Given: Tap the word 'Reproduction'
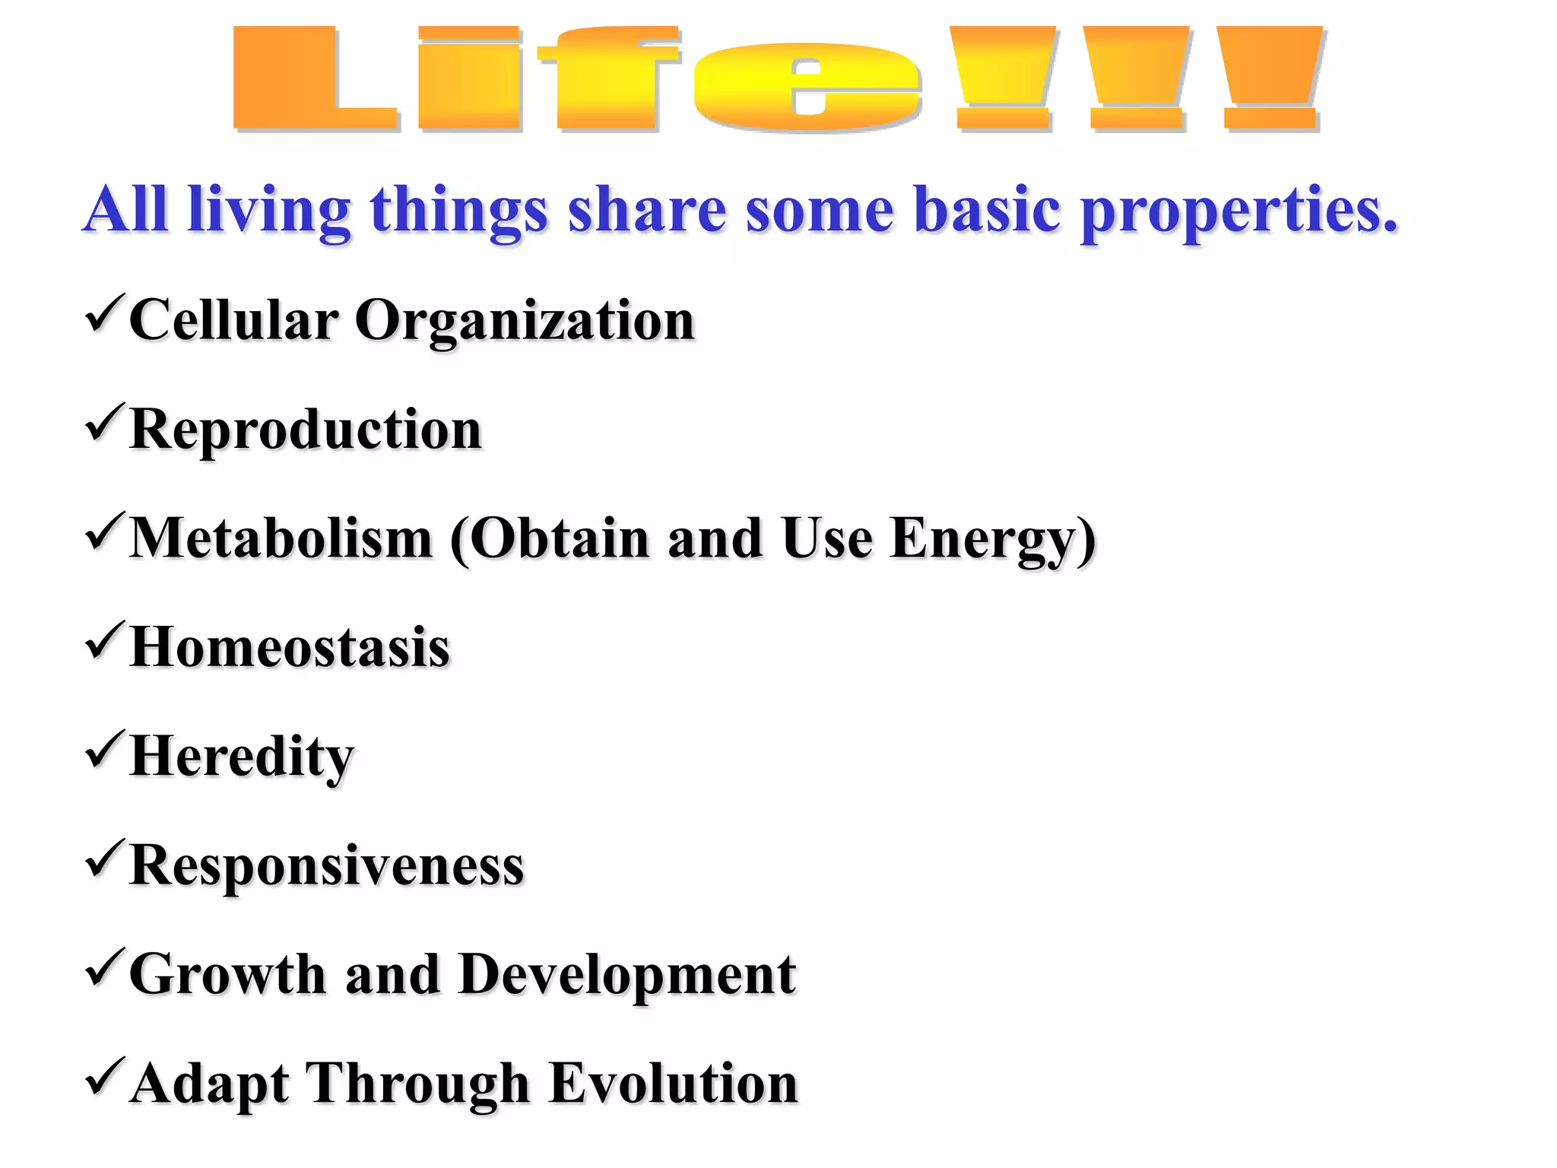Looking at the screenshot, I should pyautogui.click(x=306, y=430).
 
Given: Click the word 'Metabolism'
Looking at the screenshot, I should pyautogui.click(x=281, y=538).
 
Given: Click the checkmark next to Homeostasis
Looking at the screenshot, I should pyautogui.click(x=104, y=640).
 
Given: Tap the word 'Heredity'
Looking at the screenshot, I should pyautogui.click(x=242, y=757).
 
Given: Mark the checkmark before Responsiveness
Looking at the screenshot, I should pyautogui.click(x=104, y=859).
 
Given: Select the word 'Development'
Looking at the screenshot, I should pyautogui.click(x=627, y=975).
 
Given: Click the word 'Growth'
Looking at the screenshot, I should pyautogui.click(x=227, y=975).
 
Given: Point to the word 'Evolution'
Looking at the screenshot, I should pyautogui.click(x=673, y=1084).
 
